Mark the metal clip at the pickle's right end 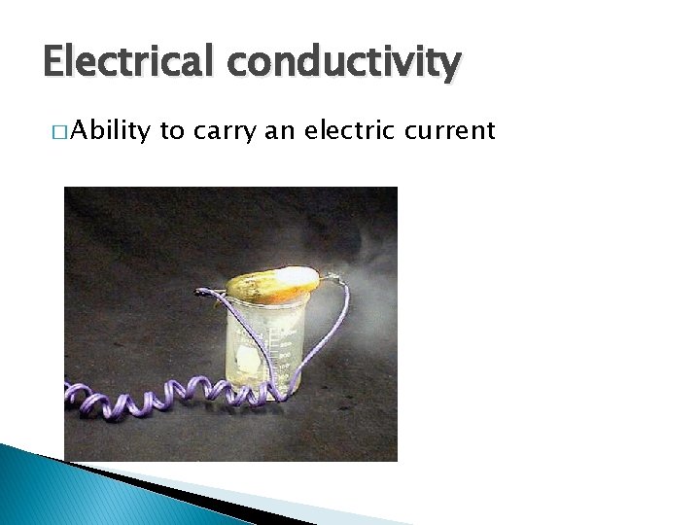click(332, 278)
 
